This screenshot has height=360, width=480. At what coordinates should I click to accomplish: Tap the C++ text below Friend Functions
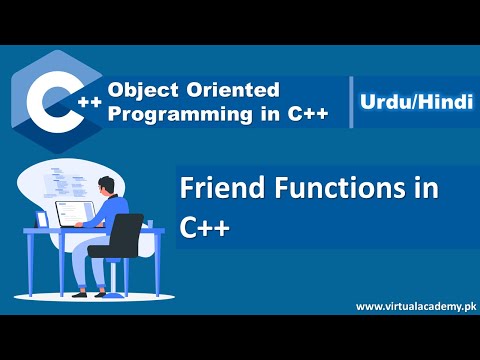[206, 226]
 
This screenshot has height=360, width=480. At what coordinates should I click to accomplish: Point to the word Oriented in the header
[224, 90]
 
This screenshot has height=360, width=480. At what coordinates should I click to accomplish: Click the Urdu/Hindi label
[411, 102]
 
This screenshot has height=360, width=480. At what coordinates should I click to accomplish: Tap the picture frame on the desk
[42, 218]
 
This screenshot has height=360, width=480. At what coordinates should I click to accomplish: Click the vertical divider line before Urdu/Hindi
[351, 102]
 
